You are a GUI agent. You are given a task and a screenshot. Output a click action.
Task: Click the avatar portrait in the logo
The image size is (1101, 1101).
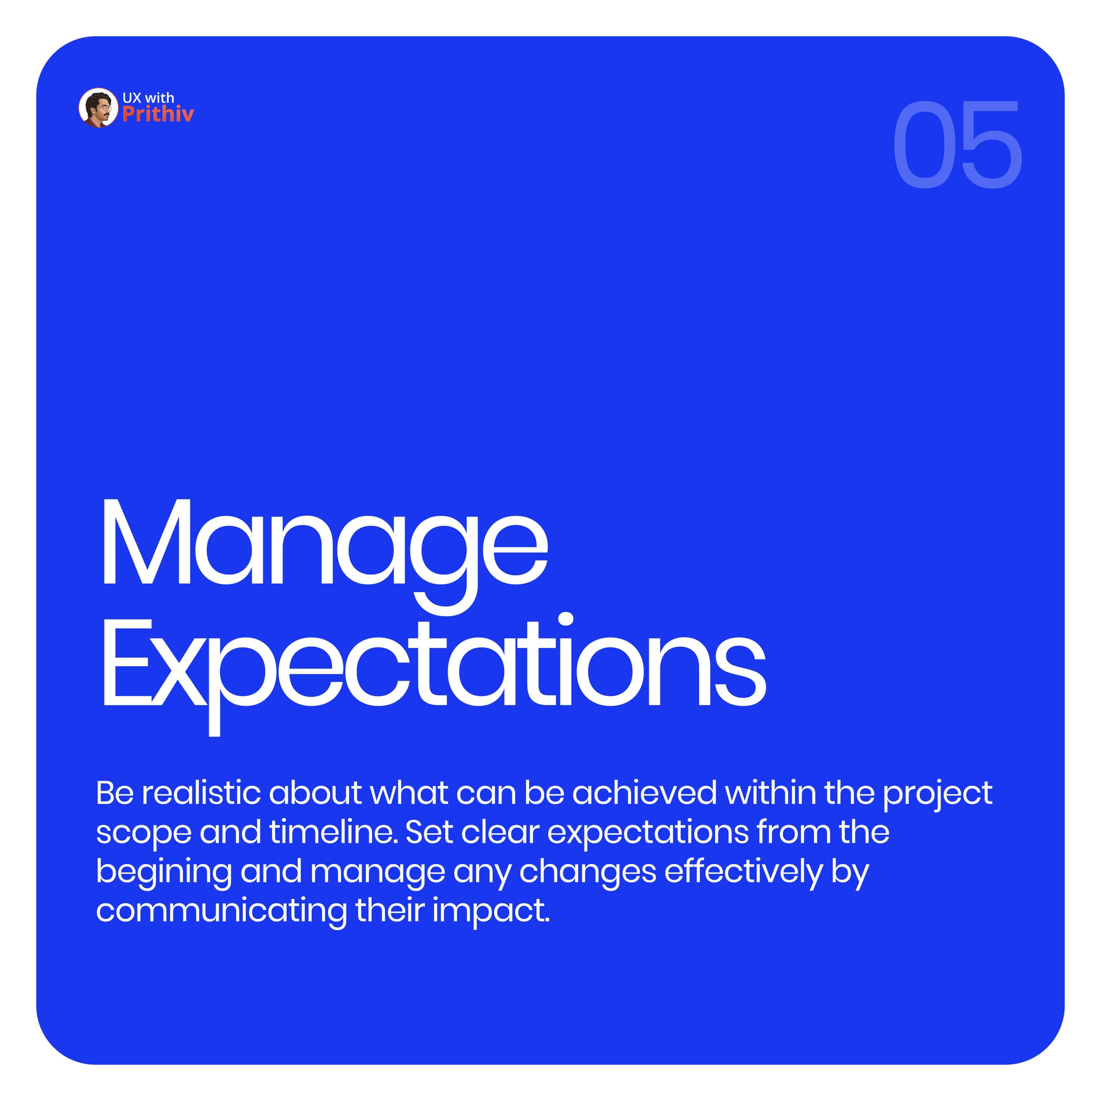[98, 108]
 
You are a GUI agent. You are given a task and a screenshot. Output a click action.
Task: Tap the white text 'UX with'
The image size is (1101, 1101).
[148, 97]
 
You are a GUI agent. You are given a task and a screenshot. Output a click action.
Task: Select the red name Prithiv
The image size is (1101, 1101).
[158, 114]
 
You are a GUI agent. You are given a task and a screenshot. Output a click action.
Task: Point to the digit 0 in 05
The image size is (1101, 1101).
[924, 144]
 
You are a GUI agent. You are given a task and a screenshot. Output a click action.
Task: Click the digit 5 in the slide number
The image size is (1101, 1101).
[991, 144]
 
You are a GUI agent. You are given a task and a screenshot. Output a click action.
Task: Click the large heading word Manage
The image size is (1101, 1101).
[325, 555]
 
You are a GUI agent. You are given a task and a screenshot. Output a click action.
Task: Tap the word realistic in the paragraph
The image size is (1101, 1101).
[201, 793]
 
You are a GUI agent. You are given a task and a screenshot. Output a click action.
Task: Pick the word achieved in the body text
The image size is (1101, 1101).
[645, 793]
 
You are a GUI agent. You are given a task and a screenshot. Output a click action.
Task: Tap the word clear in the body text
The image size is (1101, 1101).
[500, 832]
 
